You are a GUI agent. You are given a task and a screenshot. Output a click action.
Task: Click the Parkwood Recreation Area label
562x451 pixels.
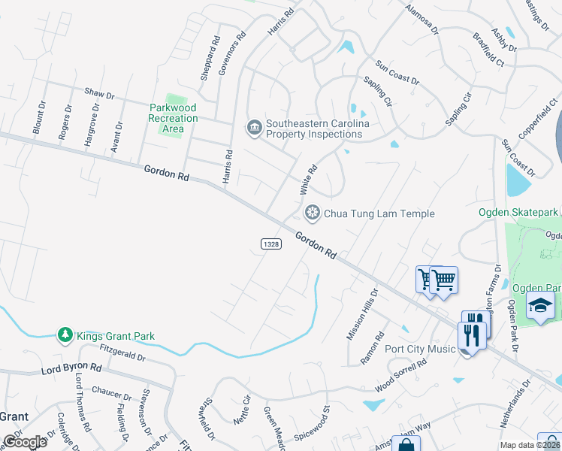tap(173, 119)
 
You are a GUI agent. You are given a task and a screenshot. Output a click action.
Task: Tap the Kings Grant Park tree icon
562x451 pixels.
tap(66, 335)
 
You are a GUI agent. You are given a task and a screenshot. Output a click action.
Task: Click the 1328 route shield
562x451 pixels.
tap(271, 245)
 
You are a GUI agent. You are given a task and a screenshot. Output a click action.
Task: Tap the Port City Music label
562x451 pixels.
tap(420, 349)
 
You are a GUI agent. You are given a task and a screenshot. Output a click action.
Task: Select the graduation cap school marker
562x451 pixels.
tap(539, 306)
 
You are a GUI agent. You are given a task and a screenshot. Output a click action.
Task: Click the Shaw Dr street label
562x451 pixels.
tap(99, 95)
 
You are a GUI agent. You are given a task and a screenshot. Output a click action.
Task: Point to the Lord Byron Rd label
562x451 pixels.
tap(71, 369)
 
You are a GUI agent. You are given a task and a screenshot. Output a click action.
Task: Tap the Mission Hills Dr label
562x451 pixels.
tap(362, 314)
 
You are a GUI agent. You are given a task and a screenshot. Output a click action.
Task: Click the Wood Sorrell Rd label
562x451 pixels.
tap(400, 376)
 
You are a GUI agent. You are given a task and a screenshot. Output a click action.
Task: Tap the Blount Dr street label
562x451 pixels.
tap(39, 118)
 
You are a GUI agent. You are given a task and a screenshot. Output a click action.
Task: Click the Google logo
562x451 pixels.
tap(25, 441)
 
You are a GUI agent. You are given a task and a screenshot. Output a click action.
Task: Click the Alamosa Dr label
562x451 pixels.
tap(421, 17)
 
